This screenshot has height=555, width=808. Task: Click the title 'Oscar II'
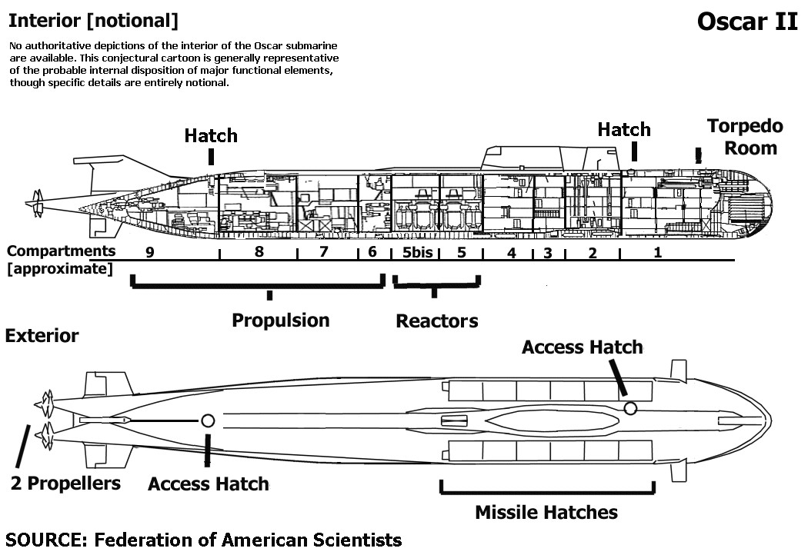[747, 22]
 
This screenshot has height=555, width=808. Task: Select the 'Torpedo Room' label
[745, 136]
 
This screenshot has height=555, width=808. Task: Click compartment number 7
[323, 251]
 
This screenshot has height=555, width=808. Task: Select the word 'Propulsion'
[281, 320]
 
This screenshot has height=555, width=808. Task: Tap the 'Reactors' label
[436, 321]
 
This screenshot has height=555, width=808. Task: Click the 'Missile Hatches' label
[546, 512]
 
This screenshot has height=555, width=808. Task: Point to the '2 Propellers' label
[65, 483]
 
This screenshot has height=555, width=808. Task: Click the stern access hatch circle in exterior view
[207, 420]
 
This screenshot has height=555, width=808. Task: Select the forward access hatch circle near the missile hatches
[630, 408]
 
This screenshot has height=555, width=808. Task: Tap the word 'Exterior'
[42, 336]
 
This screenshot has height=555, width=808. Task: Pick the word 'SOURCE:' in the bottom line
[46, 539]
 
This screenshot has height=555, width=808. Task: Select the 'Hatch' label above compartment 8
[211, 136]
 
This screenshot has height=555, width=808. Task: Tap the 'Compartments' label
[62, 251]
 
